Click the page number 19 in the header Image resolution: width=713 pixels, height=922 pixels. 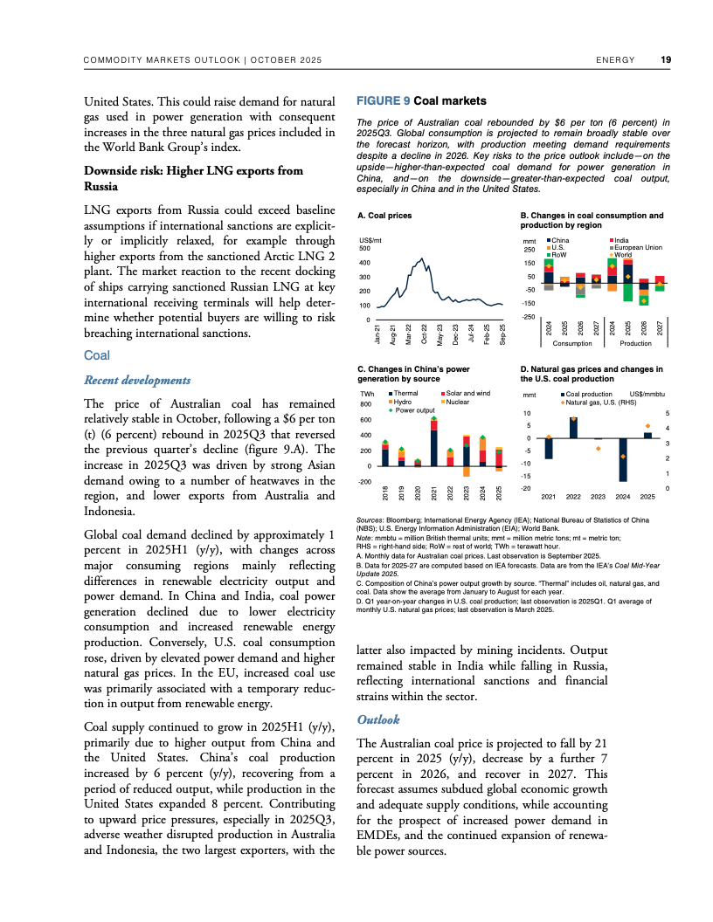pyautogui.click(x=666, y=60)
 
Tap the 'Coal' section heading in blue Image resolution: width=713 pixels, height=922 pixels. pyautogui.click(x=96, y=356)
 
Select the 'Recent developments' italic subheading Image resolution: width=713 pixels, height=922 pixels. pyautogui.click(x=136, y=380)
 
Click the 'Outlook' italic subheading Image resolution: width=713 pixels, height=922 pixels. pyautogui.click(x=378, y=719)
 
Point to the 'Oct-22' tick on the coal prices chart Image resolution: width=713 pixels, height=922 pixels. pyautogui.click(x=424, y=334)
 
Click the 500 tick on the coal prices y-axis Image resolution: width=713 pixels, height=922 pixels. pyautogui.click(x=364, y=249)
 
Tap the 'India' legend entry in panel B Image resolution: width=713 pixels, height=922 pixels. pyautogui.click(x=621, y=240)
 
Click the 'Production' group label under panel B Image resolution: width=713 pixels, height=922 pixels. pyautogui.click(x=636, y=343)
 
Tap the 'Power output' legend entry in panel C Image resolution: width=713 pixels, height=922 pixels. pyautogui.click(x=414, y=409)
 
